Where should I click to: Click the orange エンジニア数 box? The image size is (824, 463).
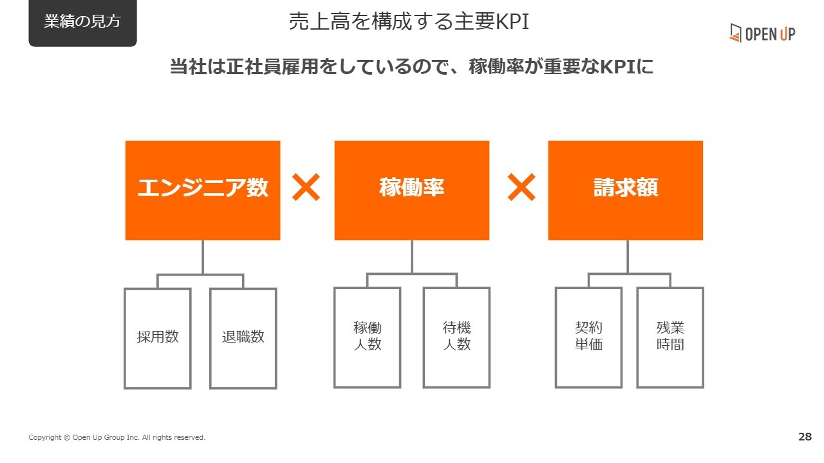tap(203, 190)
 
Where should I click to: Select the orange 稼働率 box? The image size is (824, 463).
tap(411, 190)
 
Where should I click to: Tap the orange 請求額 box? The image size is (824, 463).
tap(625, 190)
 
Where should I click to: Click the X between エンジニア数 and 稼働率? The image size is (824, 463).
tap(306, 187)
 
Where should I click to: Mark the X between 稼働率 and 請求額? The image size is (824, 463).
tap(521, 187)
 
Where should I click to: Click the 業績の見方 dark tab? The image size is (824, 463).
tap(83, 22)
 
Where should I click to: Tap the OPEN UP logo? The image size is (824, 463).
tap(762, 33)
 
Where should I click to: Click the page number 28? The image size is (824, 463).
tap(805, 437)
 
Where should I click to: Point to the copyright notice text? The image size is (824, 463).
tap(117, 437)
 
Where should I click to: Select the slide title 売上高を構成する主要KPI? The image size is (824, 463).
tap(409, 21)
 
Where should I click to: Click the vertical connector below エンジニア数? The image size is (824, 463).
tap(203, 257)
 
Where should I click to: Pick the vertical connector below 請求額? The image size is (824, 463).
tap(628, 256)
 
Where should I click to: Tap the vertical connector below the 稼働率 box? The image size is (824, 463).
tap(411, 256)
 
